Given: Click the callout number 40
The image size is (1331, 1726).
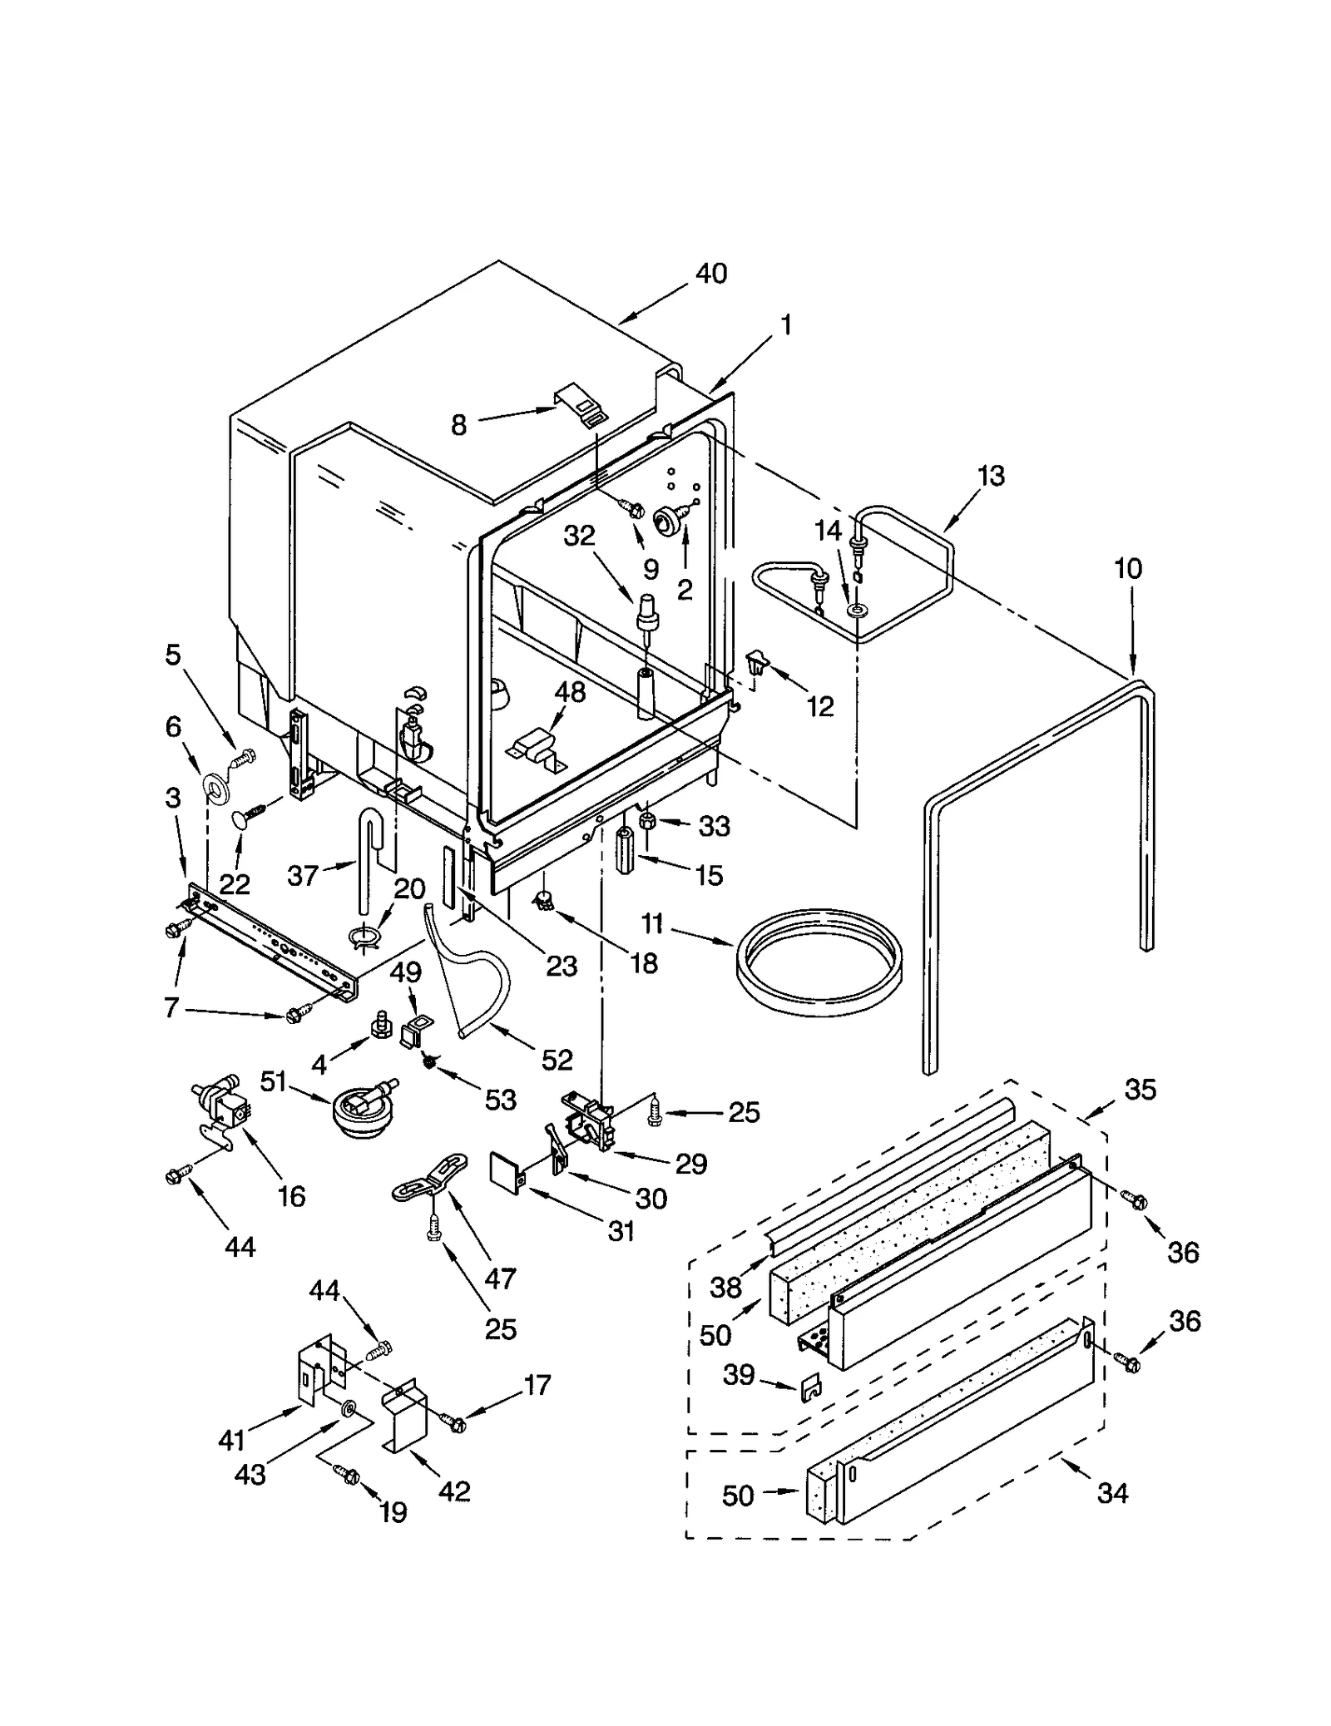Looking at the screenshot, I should [711, 273].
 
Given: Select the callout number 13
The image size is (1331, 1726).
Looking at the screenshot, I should [990, 476].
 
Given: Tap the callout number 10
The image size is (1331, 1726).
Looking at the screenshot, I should [1128, 569].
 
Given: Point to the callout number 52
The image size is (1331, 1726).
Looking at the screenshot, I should [557, 1059].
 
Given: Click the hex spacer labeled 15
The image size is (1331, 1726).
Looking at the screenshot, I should [625, 848].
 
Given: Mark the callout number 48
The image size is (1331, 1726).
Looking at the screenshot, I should [571, 692].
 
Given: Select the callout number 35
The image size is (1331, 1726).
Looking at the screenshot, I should [1140, 1089].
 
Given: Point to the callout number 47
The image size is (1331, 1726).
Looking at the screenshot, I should [500, 1278].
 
